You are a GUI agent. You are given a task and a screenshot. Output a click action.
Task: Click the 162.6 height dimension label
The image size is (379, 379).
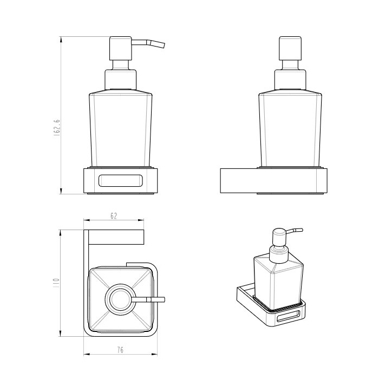57,127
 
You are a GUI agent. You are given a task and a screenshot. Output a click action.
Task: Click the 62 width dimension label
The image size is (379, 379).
114,216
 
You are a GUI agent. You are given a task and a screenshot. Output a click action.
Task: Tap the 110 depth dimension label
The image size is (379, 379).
56,282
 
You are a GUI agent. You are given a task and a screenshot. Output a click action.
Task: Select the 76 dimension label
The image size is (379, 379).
120,350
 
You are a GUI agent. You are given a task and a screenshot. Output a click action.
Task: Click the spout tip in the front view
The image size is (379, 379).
164,46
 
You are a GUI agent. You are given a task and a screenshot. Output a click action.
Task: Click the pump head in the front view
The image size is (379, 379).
121,48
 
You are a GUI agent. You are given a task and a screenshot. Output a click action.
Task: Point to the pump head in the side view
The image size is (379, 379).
290,48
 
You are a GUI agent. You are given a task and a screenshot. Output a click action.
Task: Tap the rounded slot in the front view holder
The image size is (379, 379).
121,180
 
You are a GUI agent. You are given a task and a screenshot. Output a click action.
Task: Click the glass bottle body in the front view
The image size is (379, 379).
121,129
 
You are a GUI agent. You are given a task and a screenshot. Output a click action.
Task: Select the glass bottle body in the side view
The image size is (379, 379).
290,129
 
